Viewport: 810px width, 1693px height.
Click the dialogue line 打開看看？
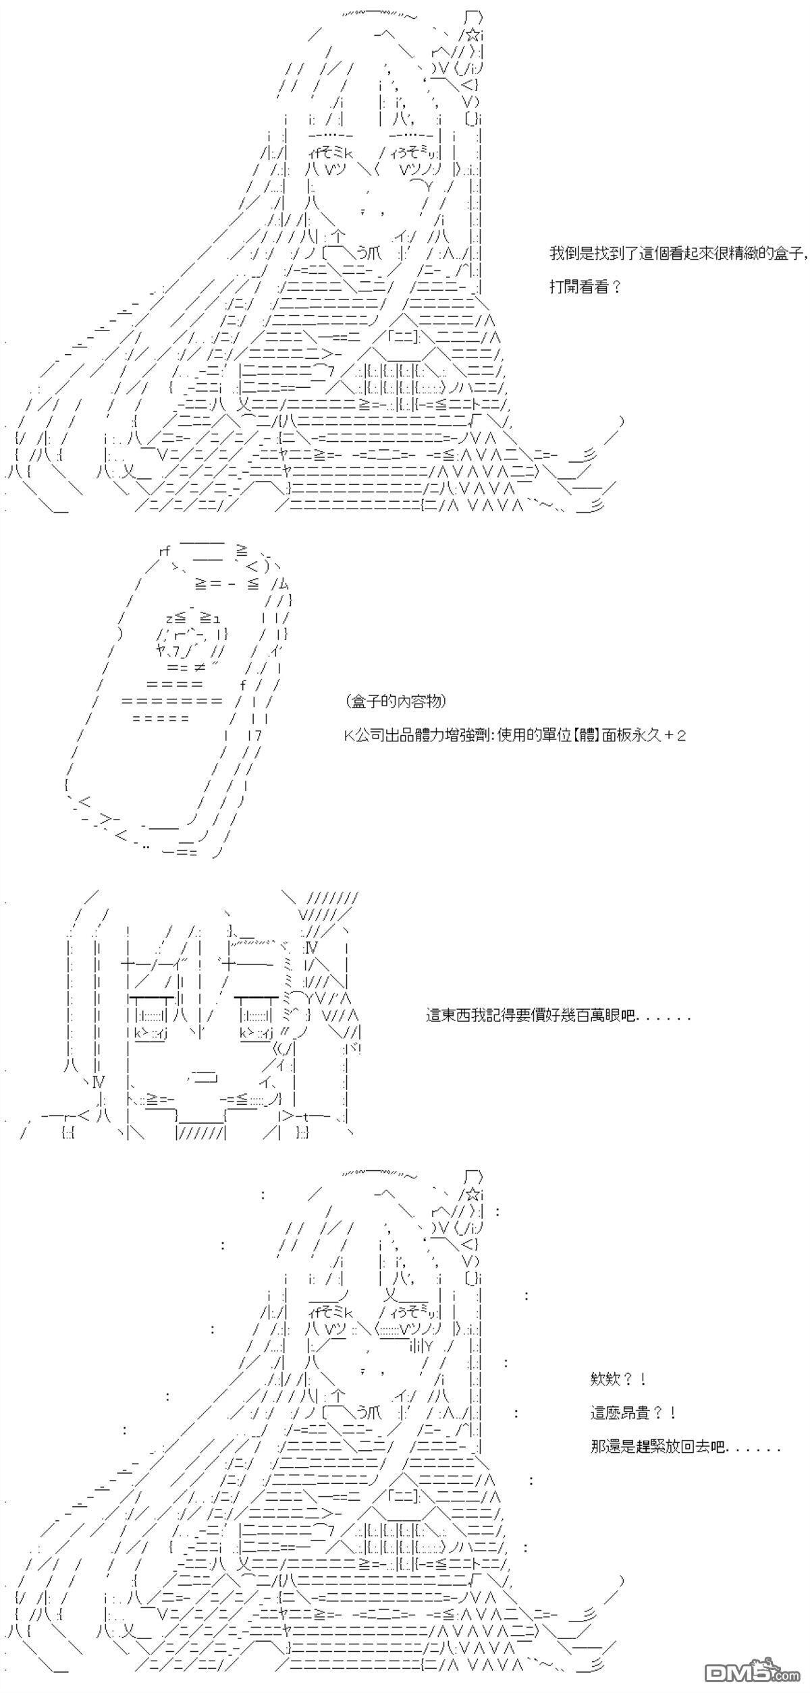coord(585,287)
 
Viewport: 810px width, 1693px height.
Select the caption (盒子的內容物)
coord(396,701)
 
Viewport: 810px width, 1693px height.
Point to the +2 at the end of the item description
coord(675,735)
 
